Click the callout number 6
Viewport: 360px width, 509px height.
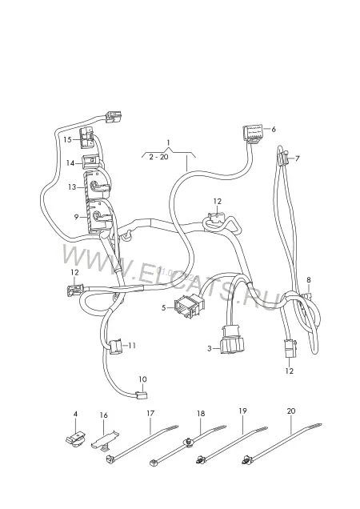[274, 129]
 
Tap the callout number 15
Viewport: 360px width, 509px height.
[67, 139]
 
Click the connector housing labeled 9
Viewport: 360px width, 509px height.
[97, 215]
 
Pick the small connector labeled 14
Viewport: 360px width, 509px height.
[91, 162]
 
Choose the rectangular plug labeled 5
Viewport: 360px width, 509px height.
[189, 306]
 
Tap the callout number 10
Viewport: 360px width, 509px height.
[142, 379]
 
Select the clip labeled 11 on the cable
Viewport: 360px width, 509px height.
[115, 347]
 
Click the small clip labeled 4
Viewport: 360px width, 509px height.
[76, 439]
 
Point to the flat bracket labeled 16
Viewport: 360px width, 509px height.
[104, 441]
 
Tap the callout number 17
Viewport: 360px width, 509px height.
[150, 413]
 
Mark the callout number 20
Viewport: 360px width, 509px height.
[291, 411]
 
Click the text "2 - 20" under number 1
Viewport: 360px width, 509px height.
[158, 157]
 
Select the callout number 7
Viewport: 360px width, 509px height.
[298, 158]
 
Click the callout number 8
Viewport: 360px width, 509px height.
[308, 280]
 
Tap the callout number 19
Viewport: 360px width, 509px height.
[243, 411]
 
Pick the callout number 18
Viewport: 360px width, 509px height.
[201, 413]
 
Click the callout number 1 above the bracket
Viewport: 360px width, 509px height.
[168, 142]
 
